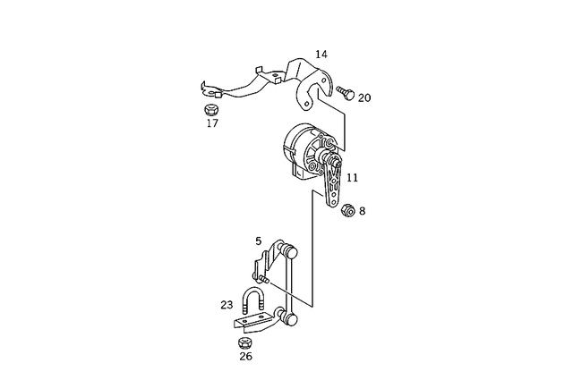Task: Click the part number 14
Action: pos(321,55)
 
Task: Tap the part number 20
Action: pos(364,97)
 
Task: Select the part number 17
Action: pos(212,123)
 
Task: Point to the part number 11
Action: pos(352,178)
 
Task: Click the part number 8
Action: pos(362,212)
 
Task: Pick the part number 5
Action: pos(259,241)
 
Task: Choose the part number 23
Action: pos(227,304)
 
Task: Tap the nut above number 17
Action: pos(212,109)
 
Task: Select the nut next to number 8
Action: pos(346,210)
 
